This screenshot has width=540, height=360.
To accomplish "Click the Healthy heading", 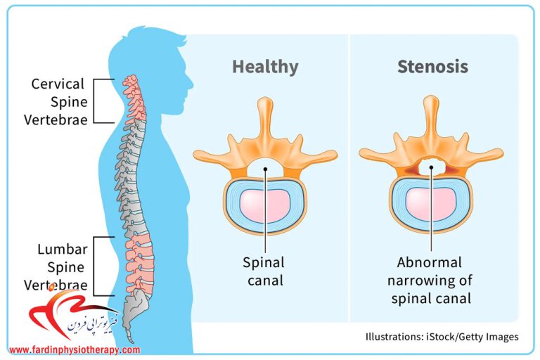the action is point(265,67).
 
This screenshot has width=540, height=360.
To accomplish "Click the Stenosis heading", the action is point(432,66).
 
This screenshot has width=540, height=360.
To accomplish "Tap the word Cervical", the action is point(58,84).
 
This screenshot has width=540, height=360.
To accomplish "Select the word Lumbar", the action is point(63,249).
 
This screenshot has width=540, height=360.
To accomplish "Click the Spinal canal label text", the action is point(264,271).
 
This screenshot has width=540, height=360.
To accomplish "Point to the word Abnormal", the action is point(429,262).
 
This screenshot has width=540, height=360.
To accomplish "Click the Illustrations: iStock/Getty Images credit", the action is point(442,337).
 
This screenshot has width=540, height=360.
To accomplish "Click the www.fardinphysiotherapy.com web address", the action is point(75,350).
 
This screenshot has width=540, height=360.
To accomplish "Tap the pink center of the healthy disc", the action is point(265,205).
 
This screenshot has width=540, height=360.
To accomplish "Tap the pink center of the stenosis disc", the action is point(431,205).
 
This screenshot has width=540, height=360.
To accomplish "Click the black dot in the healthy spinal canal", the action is point(265,169).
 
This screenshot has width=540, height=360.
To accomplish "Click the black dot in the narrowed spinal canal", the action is point(431,167).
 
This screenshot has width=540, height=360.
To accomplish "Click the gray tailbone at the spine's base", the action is point(137,310).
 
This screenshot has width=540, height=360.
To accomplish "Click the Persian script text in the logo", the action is point(93,322).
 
